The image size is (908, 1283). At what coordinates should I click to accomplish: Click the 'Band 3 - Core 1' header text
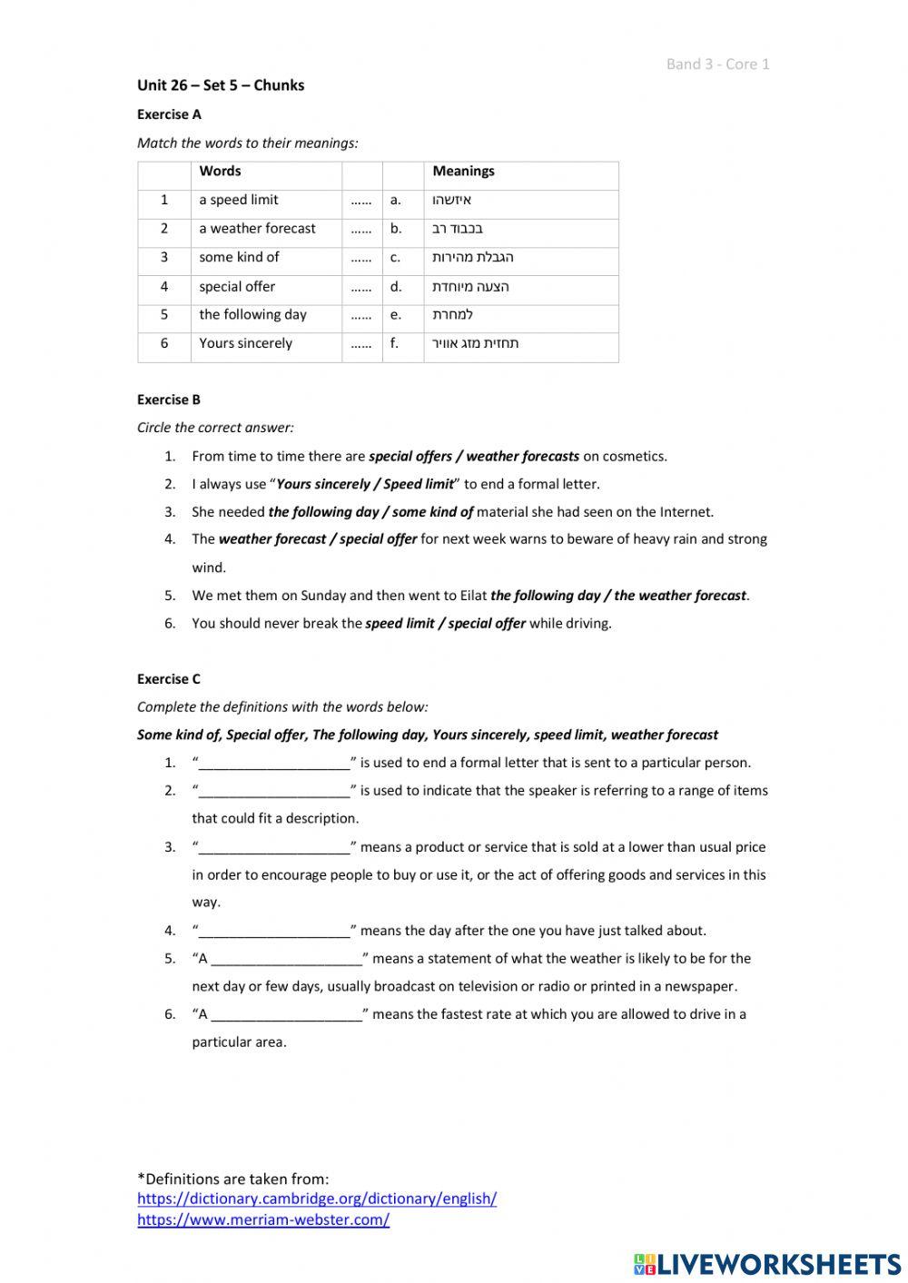717,64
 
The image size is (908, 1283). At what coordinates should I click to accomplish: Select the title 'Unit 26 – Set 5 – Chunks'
221,85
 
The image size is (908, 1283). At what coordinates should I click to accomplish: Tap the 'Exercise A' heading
169,114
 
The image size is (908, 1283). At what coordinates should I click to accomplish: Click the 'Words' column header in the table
220,171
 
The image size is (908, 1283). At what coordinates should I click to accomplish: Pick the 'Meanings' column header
463,171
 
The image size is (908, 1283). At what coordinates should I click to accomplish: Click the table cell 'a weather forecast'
257,229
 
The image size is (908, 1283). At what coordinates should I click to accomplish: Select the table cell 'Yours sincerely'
245,343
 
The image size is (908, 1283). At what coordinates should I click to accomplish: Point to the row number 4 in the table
164,286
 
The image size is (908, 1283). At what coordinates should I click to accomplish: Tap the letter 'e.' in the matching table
396,315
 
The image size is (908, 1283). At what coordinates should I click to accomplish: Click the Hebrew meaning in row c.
472,258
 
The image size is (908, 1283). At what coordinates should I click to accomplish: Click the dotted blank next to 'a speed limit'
361,201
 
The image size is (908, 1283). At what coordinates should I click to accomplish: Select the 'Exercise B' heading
169,400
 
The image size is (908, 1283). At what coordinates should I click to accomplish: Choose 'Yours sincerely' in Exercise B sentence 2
322,485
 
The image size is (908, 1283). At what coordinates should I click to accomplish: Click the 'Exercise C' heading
169,679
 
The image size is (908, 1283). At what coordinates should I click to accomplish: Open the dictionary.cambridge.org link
317,1199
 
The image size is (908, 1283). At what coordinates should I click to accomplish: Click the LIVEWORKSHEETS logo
767,1263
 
